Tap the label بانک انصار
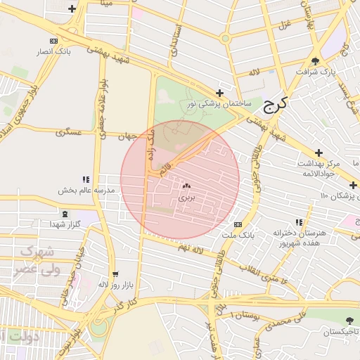pos(72,52)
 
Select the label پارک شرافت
pos(316,72)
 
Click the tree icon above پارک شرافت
pos(316,61)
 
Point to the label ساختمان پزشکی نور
pos(219,103)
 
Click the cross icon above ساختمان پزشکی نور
pos(220,93)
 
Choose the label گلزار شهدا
pos(66,224)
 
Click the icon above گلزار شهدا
pos(65,214)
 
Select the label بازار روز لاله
pos(113,284)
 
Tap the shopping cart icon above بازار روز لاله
pos(115,274)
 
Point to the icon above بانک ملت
pos(238,224)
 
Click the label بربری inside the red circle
pos(186,198)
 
